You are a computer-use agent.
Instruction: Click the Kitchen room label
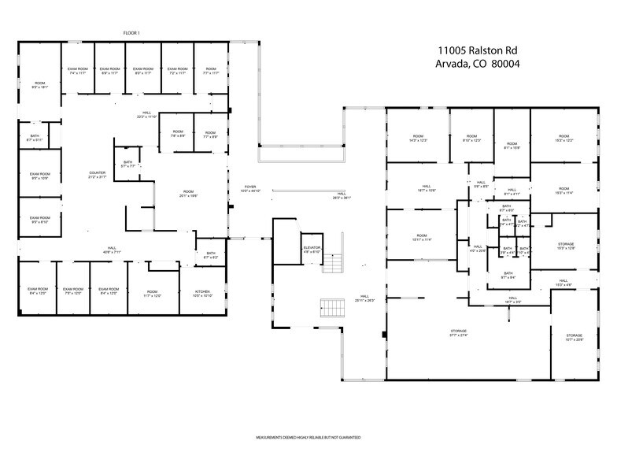coord(203,294)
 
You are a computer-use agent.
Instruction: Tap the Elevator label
coord(312,250)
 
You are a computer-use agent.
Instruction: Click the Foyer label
coord(249,189)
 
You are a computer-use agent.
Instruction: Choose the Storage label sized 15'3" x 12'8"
coord(566,246)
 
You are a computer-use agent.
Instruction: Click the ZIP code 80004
coord(508,64)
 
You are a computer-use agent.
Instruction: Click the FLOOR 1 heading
coord(132,32)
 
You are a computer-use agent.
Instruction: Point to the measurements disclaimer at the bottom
coord(308,436)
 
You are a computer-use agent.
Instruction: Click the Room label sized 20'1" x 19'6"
coord(188,193)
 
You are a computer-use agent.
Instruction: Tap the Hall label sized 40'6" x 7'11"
coord(113,251)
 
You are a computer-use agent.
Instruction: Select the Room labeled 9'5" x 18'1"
coord(39,85)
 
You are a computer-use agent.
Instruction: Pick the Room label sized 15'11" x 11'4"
coord(421,238)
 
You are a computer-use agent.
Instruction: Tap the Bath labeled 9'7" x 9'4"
coord(508,276)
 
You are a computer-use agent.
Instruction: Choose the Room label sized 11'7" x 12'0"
coord(152,294)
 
